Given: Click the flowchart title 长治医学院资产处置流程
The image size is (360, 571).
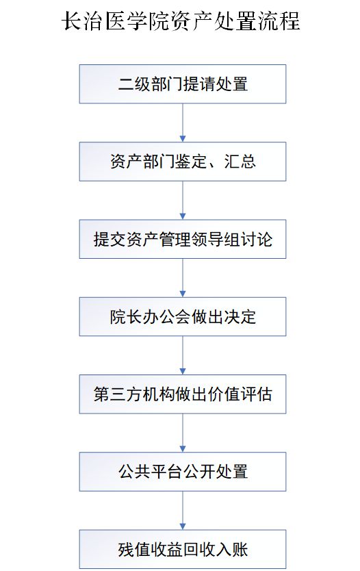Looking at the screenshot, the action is [181, 21].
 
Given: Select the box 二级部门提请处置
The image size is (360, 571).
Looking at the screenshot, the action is [183, 84].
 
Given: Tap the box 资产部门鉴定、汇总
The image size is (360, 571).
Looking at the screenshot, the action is [183, 162].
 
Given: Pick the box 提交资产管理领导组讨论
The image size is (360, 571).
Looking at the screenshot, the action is [183, 239].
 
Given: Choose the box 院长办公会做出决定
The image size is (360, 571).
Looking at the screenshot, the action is [183, 317].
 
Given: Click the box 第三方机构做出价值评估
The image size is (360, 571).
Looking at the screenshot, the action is [183, 394].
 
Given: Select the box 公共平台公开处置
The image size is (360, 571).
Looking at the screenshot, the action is [183, 472].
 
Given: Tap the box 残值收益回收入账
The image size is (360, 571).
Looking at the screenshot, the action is [183, 550].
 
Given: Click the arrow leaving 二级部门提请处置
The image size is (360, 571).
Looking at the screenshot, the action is [183, 123].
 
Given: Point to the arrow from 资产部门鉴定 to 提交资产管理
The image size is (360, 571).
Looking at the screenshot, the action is [183, 201].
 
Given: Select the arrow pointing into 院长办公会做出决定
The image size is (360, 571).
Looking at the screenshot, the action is [183, 278].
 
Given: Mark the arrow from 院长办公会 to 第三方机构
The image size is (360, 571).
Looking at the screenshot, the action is [183, 355].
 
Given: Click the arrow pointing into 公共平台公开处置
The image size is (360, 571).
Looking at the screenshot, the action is [183, 433].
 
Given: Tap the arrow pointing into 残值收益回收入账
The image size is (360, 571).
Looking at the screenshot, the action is [183, 511].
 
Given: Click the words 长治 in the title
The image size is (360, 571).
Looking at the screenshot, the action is [82, 21].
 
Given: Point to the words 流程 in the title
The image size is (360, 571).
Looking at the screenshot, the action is [279, 21].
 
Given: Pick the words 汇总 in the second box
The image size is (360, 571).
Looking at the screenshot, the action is [240, 162].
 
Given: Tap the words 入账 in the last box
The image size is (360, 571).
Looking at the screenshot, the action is [231, 550].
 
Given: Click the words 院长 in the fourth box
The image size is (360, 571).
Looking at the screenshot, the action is [126, 317].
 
